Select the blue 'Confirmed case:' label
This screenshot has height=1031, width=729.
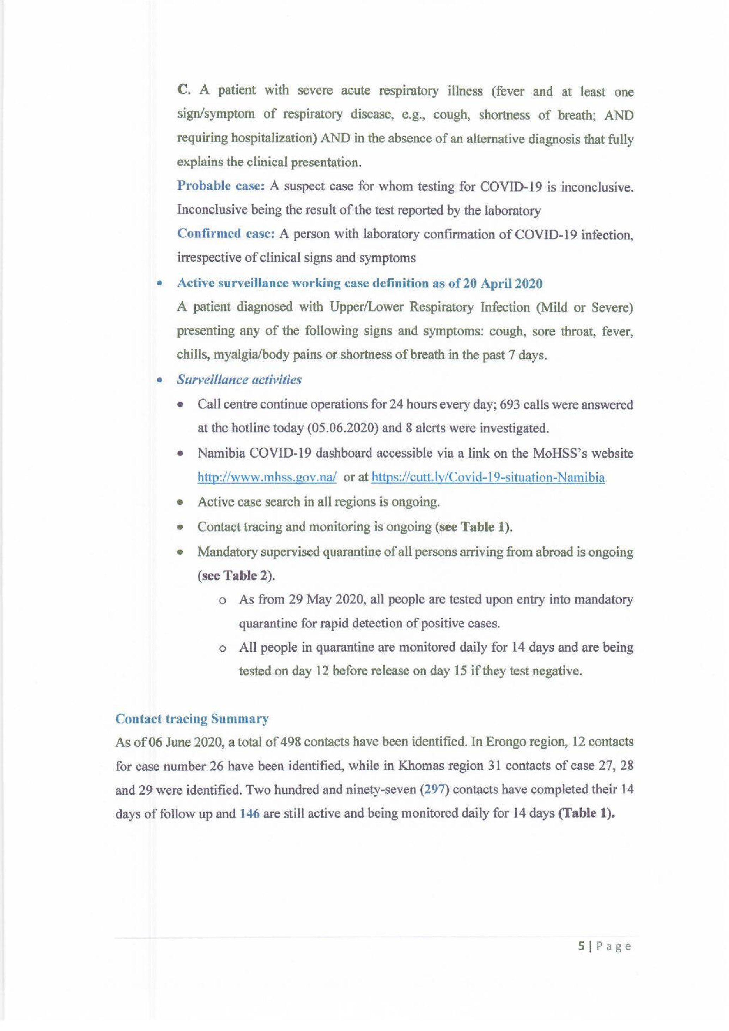(226, 234)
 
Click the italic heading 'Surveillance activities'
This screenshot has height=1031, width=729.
(239, 380)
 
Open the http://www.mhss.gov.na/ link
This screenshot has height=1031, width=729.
(267, 477)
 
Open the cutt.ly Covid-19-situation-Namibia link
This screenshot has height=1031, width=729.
(488, 477)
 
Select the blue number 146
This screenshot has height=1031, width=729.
(250, 814)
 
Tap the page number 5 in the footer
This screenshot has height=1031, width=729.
(581, 946)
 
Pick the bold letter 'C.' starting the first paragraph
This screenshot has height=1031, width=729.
(184, 90)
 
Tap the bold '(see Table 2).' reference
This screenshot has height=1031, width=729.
(236, 576)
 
